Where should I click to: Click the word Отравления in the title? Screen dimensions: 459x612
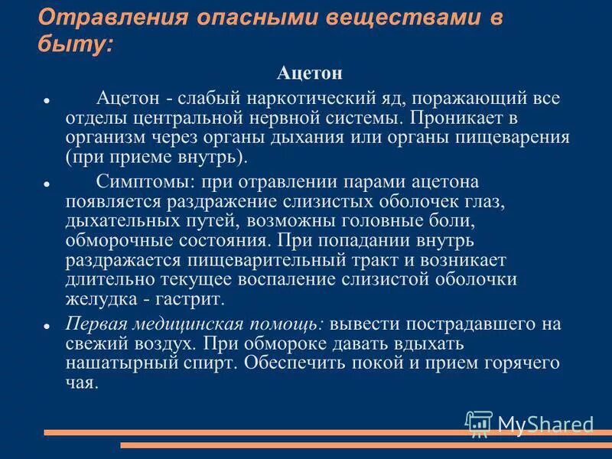(98, 17)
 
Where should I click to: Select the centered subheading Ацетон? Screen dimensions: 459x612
(309, 73)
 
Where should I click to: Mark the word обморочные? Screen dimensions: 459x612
(116, 239)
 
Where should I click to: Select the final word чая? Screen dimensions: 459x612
(82, 382)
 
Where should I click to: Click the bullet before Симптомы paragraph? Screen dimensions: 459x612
(47, 184)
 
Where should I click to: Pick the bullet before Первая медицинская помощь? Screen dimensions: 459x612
(47, 325)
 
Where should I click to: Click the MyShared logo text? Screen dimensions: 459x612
(545, 423)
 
